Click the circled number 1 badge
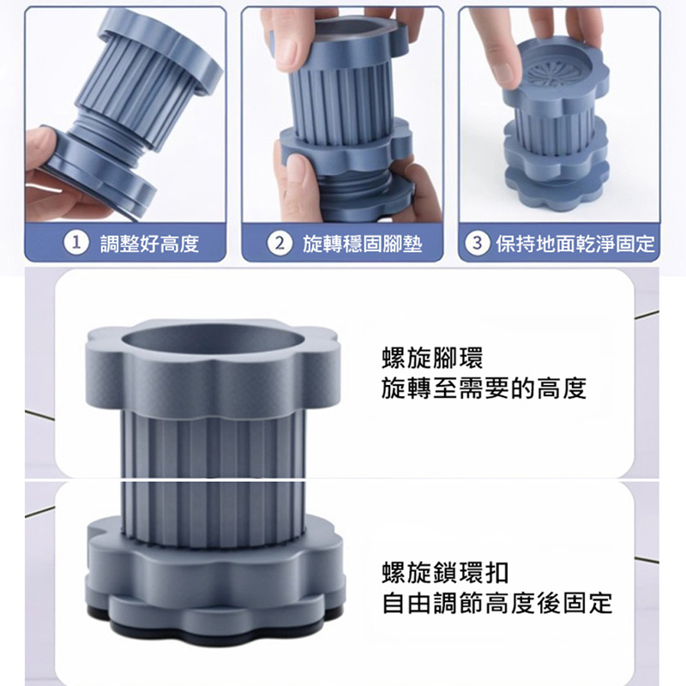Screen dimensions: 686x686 [76, 243]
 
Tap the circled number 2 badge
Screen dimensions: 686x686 [280, 243]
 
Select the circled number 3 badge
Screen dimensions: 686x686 [477, 243]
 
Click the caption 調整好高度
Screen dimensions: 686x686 [149, 244]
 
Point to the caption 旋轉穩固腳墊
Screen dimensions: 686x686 [362, 244]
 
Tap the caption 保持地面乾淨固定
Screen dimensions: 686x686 [575, 244]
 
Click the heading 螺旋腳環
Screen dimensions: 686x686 [432, 358]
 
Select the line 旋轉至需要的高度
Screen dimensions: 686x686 [484, 388]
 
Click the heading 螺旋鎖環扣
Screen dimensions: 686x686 [445, 572]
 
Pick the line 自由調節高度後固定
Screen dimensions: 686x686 [497, 603]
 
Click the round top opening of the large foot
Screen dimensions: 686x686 [213, 342]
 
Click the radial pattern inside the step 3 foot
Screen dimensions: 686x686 [553, 75]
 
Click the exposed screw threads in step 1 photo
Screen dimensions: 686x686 [115, 135]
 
